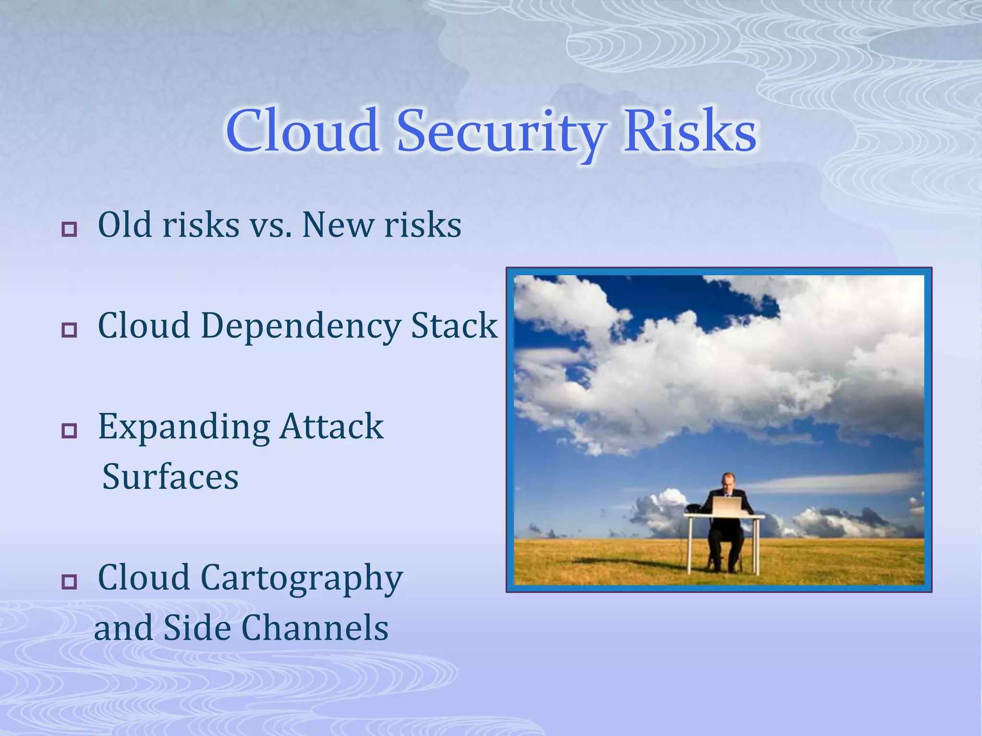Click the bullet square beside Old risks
(70, 229)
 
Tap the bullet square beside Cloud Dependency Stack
(70, 330)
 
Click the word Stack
(454, 325)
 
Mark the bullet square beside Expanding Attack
(70, 430)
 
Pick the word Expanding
(184, 427)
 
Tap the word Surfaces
(170, 477)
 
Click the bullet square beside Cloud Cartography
(70, 581)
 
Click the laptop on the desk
(726, 506)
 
